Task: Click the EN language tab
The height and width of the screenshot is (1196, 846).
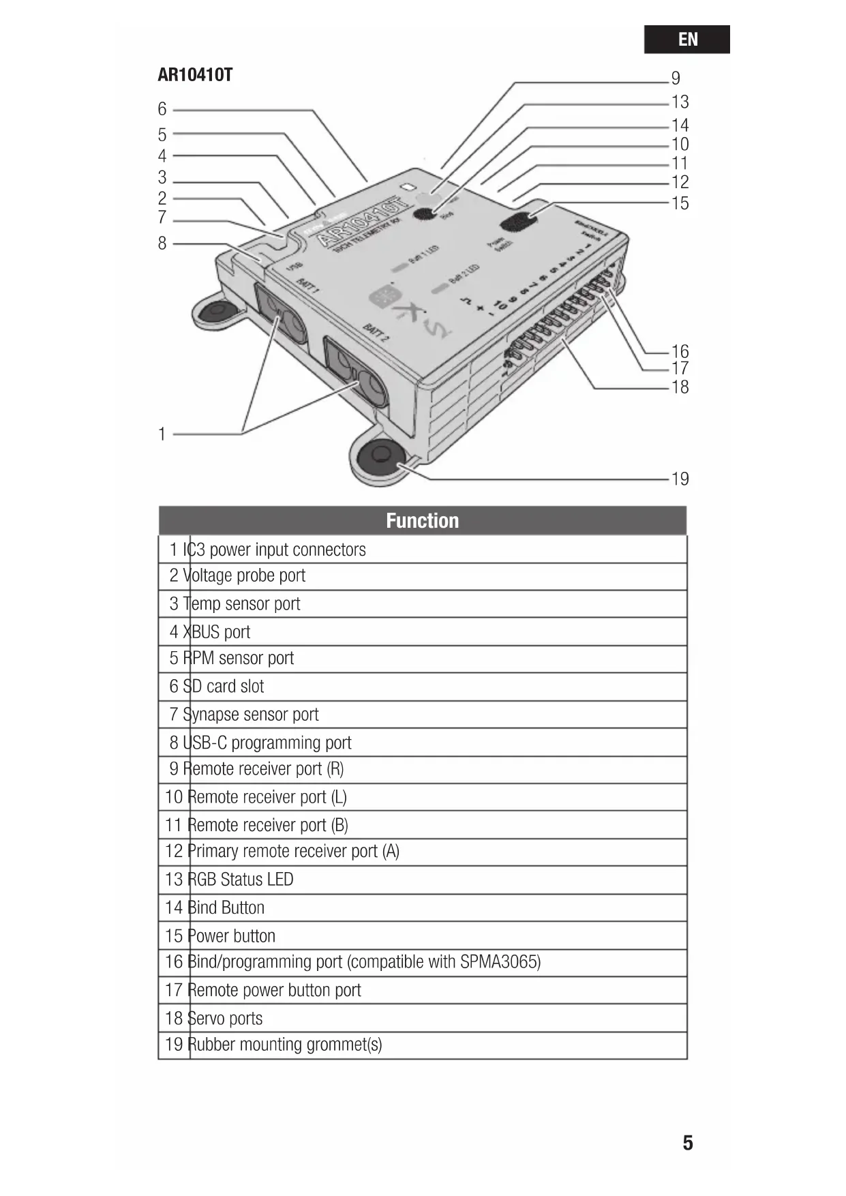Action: [686, 40]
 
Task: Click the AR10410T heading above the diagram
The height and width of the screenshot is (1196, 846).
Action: [195, 75]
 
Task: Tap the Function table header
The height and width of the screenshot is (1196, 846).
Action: [422, 521]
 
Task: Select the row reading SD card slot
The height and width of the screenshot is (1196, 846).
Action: [422, 687]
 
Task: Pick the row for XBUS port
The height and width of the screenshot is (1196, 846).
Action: [422, 632]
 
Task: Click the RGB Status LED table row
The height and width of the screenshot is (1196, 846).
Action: [422, 880]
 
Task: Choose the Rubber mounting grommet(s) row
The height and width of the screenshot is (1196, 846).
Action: [422, 1045]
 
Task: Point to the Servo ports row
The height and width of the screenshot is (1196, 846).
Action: [422, 1018]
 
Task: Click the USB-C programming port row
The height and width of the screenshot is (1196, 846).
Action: [422, 743]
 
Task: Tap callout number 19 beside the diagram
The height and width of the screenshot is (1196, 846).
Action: [680, 479]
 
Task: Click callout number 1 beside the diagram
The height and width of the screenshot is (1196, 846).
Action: [162, 434]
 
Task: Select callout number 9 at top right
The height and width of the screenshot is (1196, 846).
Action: [676, 78]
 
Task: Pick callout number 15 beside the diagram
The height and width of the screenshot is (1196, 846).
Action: [680, 203]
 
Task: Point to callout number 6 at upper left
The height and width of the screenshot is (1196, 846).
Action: [162, 109]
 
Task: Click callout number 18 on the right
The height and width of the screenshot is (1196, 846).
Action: [680, 387]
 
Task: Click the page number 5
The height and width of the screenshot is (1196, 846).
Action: [688, 1143]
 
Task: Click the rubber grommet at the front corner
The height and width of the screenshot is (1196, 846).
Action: [380, 455]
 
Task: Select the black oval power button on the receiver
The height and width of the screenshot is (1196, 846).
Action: [519, 222]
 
